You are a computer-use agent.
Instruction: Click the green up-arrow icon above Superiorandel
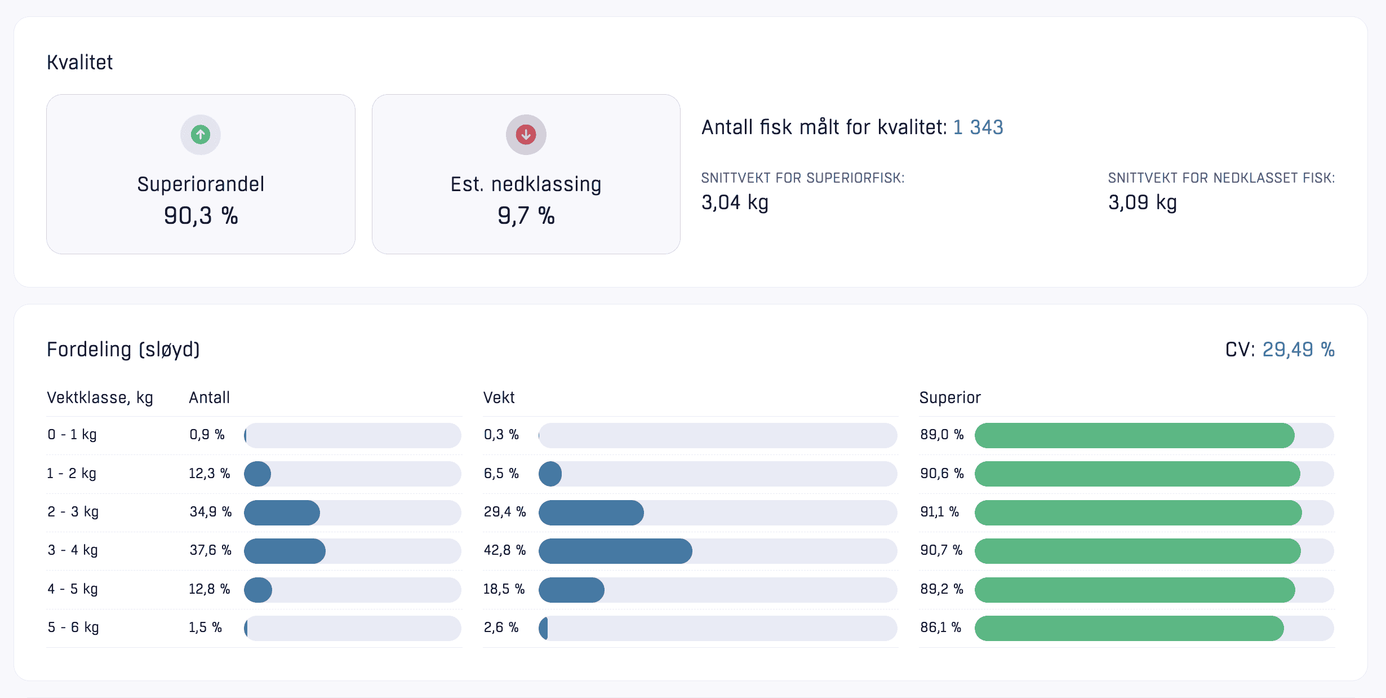point(201,135)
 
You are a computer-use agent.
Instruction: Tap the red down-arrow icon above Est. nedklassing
point(526,135)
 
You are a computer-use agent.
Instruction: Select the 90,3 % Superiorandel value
point(201,216)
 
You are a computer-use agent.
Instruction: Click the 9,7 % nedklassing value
point(526,216)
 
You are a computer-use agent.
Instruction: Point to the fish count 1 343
point(978,127)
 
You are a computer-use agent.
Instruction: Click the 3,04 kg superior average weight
point(735,202)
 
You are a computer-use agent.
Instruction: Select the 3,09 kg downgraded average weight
point(1142,202)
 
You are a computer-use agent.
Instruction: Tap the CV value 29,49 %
point(1298,350)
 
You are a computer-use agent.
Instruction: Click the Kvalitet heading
point(79,63)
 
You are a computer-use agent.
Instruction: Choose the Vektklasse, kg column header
point(100,398)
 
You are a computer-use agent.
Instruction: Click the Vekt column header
point(499,398)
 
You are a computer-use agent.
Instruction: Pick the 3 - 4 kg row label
point(73,550)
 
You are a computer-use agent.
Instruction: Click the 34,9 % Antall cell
point(210,512)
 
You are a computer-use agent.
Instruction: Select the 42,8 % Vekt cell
point(504,550)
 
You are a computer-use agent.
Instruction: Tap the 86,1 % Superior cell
point(940,628)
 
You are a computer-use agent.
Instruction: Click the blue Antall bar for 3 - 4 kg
point(285,551)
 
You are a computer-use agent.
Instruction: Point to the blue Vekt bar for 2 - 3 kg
point(591,513)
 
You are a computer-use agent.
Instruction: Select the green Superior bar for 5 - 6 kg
point(1129,629)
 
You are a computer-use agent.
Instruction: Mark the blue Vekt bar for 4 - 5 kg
point(571,590)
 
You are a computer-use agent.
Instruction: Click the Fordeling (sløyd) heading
point(123,350)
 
